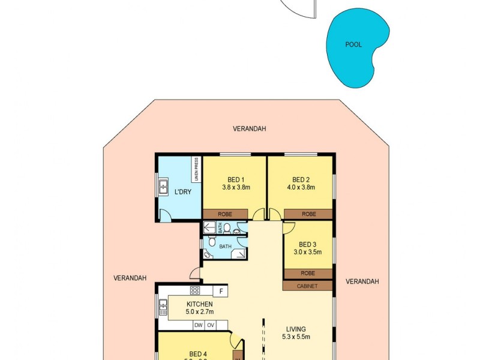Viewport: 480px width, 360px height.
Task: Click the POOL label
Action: [x=353, y=44]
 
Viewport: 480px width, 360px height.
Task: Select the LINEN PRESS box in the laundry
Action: [x=196, y=169]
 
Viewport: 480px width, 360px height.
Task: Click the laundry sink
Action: [x=163, y=187]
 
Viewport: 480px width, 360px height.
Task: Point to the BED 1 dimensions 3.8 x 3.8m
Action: [x=235, y=187]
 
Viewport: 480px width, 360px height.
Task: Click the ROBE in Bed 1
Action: [x=225, y=214]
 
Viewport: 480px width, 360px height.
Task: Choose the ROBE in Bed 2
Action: [x=308, y=214]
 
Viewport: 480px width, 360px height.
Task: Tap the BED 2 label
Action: [x=300, y=179]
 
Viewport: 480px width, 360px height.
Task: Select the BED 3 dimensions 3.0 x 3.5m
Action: [x=307, y=252]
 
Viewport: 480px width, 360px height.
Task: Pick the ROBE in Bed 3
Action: [x=307, y=274]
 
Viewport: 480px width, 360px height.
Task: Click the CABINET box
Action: [x=307, y=286]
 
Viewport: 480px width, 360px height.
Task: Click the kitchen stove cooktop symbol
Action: [x=195, y=290]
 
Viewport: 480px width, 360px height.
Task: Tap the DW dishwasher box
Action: [x=198, y=325]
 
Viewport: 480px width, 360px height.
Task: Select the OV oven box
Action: [x=210, y=325]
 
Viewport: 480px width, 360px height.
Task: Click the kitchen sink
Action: [x=163, y=308]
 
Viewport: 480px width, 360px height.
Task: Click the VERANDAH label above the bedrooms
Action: [x=250, y=129]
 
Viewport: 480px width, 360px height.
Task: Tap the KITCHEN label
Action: [x=200, y=304]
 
